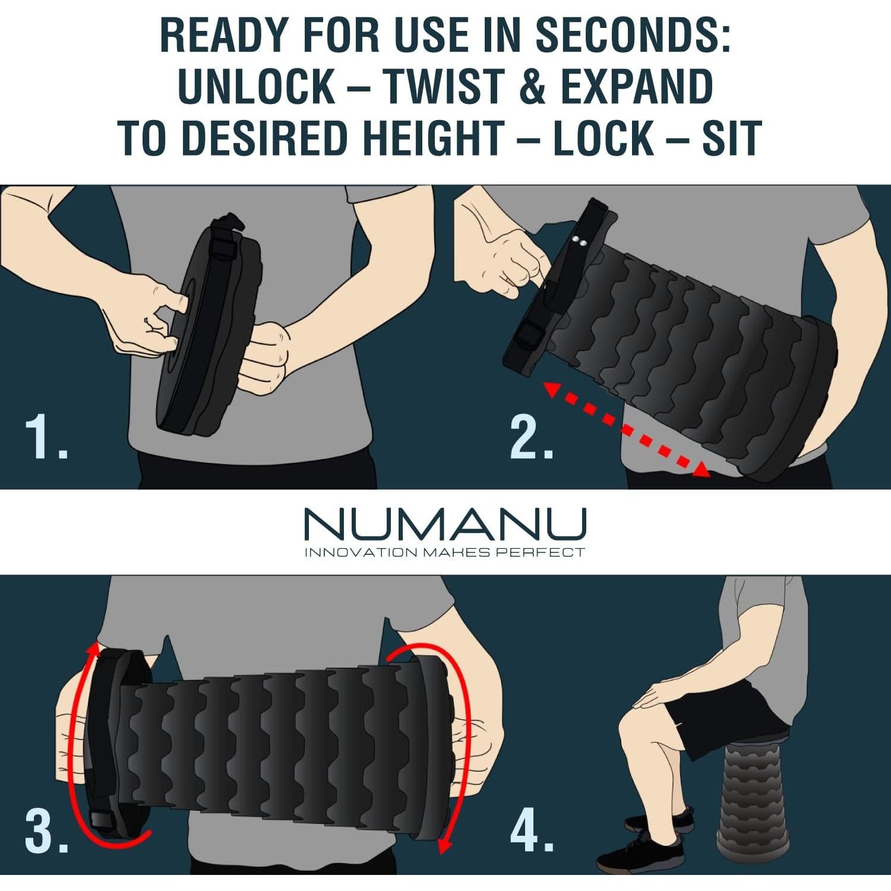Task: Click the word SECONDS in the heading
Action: [633, 36]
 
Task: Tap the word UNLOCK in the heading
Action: [257, 87]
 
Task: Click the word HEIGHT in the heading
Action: [434, 138]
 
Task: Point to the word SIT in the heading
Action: [732, 138]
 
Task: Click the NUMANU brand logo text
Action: [445, 524]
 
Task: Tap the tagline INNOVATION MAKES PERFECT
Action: [445, 553]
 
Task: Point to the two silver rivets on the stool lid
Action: [580, 241]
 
